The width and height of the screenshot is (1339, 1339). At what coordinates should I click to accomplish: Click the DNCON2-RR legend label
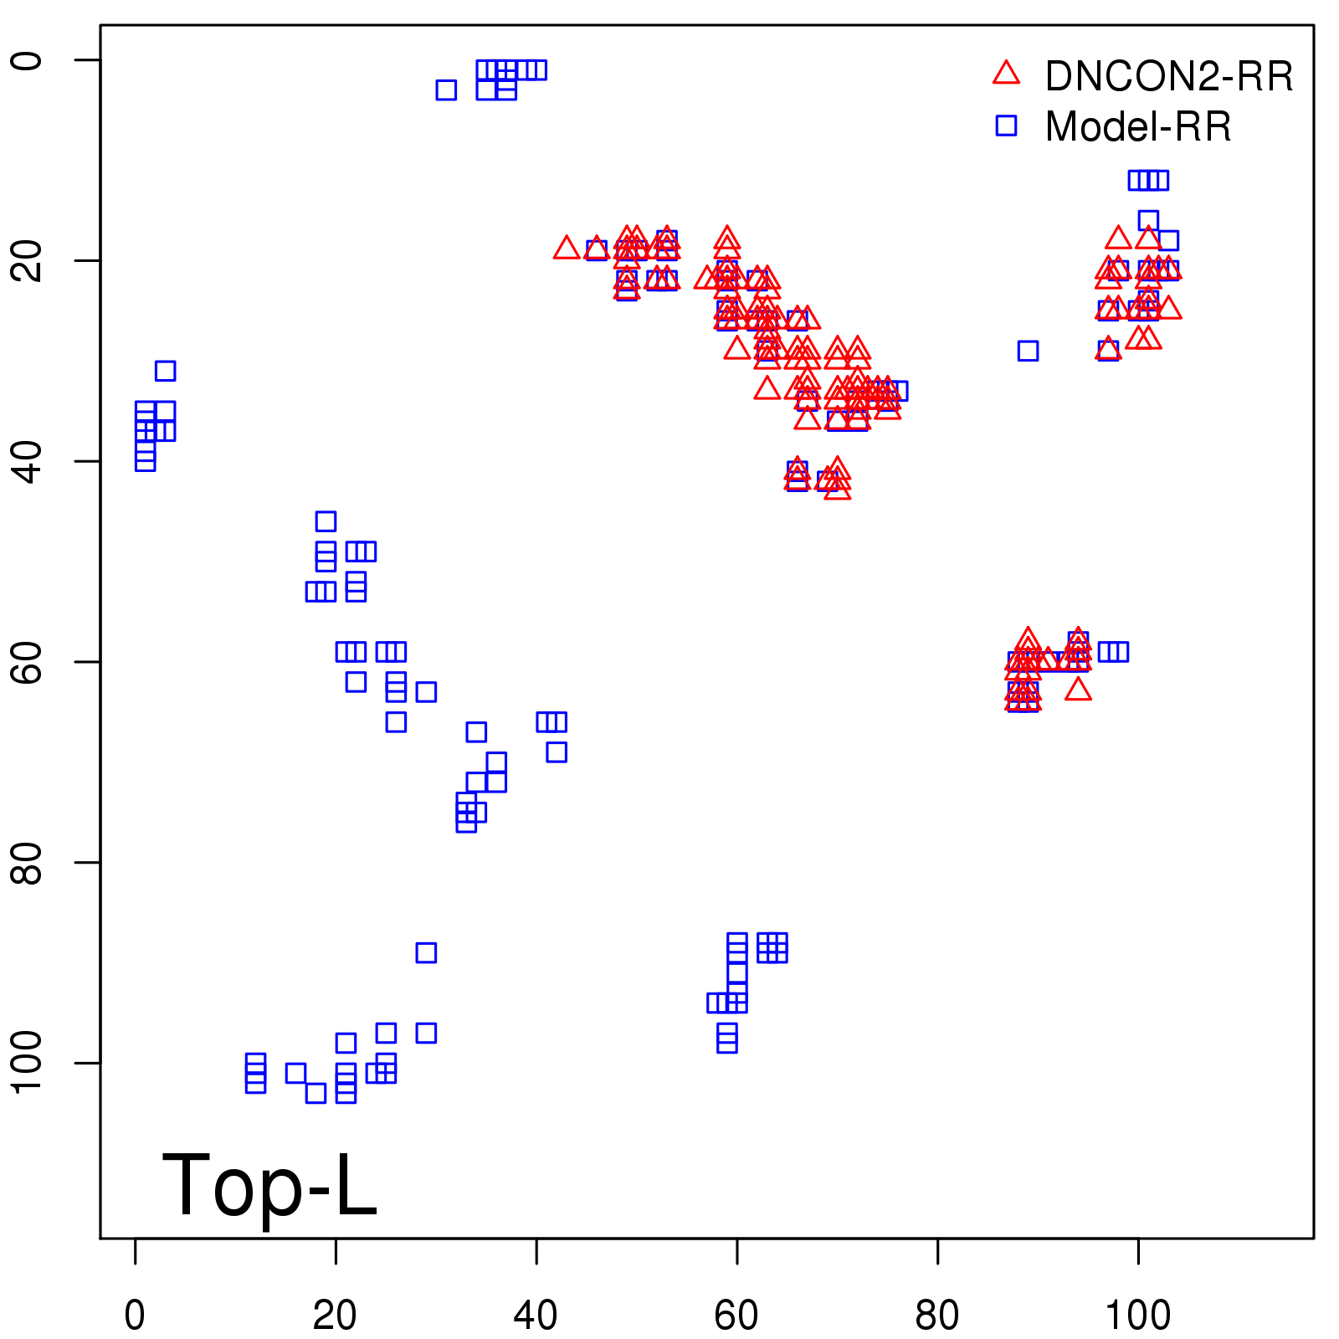pyautogui.click(x=1168, y=77)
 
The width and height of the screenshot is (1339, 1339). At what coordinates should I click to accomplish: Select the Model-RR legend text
pyautogui.click(x=1138, y=127)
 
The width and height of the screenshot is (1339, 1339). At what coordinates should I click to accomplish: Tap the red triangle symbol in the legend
pyautogui.click(x=1006, y=74)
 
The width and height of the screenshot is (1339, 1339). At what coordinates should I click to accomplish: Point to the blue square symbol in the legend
pyautogui.click(x=1006, y=126)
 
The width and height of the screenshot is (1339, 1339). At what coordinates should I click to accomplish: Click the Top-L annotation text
pyautogui.click(x=269, y=1185)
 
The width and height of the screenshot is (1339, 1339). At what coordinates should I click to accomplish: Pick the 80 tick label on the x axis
pyautogui.click(x=937, y=1316)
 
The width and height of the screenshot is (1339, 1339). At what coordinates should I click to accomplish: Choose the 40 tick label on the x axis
pyautogui.click(x=536, y=1316)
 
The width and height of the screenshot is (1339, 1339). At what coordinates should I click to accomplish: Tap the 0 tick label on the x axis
pyautogui.click(x=135, y=1316)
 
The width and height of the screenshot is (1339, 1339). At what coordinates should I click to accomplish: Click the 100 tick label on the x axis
pyautogui.click(x=1137, y=1316)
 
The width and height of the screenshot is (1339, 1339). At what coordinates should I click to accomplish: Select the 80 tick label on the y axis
pyautogui.click(x=27, y=862)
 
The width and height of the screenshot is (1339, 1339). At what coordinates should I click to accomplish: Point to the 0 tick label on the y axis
pyautogui.click(x=27, y=60)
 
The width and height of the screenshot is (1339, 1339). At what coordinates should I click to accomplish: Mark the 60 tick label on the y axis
pyautogui.click(x=27, y=661)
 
